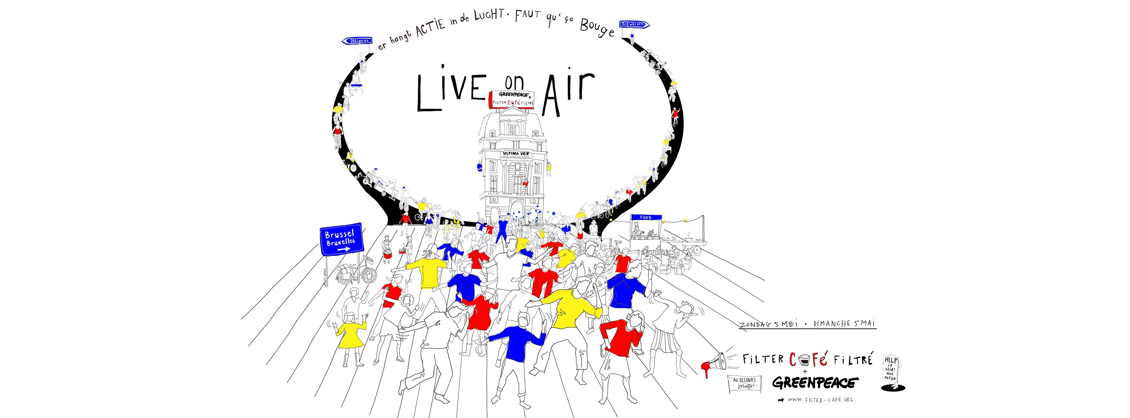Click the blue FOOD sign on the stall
[x=646, y=217]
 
